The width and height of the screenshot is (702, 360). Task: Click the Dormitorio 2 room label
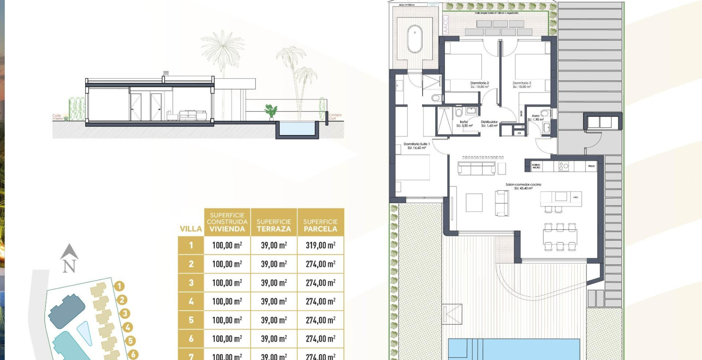coord(479,84)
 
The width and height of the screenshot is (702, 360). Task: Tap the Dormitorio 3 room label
coord(522,84)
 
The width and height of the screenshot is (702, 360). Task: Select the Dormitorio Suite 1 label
coord(417,146)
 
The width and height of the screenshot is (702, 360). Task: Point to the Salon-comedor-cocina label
coord(523,186)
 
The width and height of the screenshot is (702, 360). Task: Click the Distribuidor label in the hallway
coord(489,123)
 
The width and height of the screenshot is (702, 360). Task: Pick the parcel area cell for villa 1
coord(321,245)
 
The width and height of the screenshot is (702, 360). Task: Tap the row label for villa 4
coord(191,301)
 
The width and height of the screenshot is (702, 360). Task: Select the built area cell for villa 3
coord(227,283)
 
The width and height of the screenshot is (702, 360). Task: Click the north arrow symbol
coord(69,258)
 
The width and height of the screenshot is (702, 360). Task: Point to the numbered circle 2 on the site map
coord(122,300)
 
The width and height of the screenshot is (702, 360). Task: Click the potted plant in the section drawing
coord(270,111)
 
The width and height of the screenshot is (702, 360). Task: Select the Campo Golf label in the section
coord(335,116)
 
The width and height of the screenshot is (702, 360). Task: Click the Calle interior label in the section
coord(57,117)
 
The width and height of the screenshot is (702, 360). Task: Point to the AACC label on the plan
coord(446,25)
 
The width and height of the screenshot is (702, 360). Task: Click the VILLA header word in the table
coord(191,229)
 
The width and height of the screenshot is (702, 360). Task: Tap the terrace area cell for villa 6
coord(274,339)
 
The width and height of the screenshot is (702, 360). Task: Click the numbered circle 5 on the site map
coord(130,341)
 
